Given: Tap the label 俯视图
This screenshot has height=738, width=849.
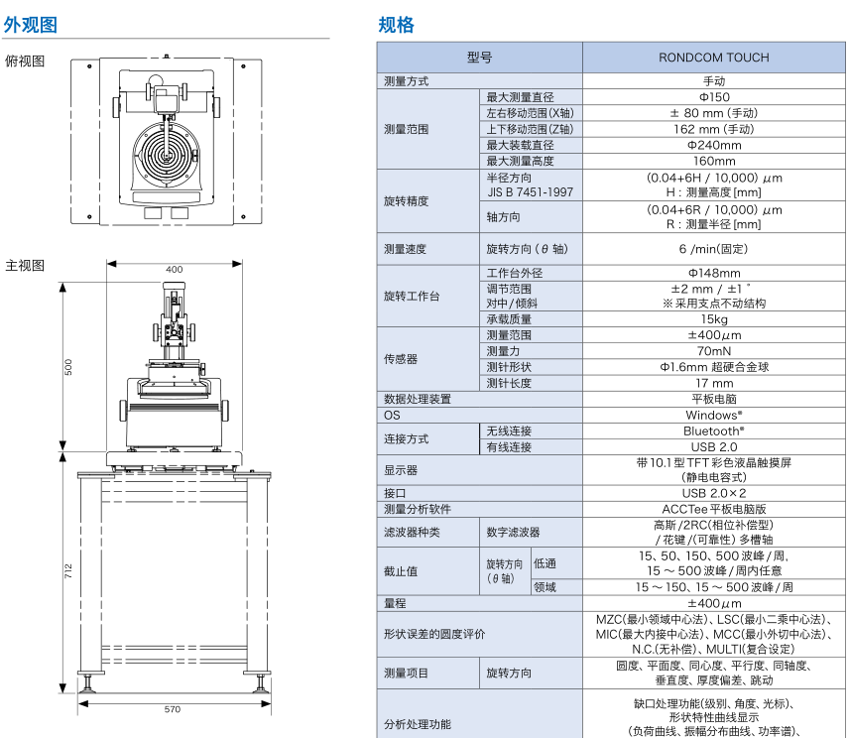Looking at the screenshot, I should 26,61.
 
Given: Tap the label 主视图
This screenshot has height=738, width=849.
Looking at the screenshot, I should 26,265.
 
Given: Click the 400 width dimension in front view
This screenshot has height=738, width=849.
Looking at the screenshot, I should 174,269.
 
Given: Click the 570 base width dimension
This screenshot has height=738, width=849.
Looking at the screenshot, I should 174,709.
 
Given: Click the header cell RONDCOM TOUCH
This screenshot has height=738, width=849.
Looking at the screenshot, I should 713,58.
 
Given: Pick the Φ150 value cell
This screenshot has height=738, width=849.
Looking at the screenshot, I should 713,97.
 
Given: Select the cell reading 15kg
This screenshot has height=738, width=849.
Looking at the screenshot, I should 713,319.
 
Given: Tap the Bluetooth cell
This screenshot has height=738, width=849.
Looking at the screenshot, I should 713,431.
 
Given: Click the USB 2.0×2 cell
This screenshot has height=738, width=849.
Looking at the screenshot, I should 713,493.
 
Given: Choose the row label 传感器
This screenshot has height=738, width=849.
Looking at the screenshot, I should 401,359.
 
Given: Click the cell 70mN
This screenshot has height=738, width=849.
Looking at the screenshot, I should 713,351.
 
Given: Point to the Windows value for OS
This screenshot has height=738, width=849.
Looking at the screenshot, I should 713,416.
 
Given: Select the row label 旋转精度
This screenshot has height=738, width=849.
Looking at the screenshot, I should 407,200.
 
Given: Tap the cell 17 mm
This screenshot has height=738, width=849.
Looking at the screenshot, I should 713,383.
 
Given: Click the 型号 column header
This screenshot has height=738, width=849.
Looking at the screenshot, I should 479,58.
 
